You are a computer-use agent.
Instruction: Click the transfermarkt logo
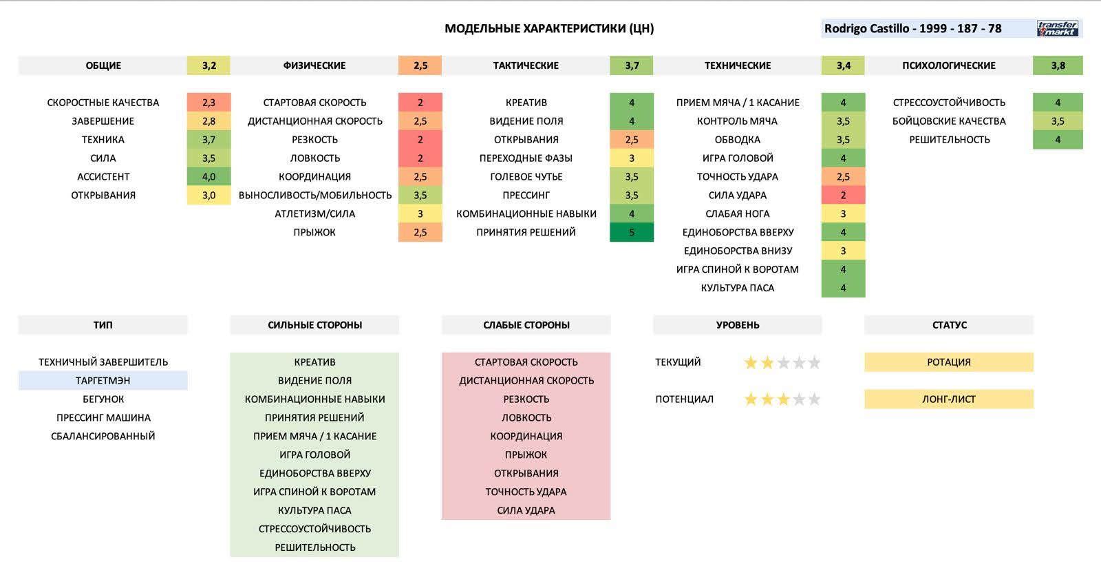tap(1058, 28)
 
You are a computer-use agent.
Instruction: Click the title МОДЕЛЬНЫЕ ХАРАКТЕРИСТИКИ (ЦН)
tap(549, 28)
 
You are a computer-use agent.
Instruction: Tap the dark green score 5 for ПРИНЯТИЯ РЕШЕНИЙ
tap(632, 232)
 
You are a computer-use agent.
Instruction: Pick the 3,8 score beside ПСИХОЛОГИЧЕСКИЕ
tap(1058, 65)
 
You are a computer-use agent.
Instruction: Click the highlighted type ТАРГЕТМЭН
tap(103, 380)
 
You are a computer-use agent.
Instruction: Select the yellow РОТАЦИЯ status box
tap(948, 362)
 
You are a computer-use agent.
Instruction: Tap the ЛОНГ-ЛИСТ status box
tap(948, 399)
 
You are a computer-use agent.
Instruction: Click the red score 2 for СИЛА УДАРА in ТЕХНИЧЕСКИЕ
tap(843, 195)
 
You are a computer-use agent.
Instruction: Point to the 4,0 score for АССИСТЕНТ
tap(209, 176)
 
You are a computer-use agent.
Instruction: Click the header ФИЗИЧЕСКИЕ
tap(314, 65)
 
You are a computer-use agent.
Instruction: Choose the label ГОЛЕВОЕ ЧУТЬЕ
tap(526, 176)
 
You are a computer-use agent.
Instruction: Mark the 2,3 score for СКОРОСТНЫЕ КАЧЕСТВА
tap(209, 102)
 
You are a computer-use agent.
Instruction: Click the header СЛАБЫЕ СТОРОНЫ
tap(526, 324)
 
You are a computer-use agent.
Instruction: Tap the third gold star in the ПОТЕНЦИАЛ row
tap(783, 399)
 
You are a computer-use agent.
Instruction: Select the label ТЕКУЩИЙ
tap(678, 362)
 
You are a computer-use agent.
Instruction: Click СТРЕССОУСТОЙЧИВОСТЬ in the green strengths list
tap(314, 529)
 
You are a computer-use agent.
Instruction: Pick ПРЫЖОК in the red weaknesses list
tap(526, 454)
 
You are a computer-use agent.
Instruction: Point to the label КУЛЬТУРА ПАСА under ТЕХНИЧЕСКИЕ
tap(737, 288)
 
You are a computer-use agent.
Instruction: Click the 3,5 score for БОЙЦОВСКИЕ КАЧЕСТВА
tap(1058, 121)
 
